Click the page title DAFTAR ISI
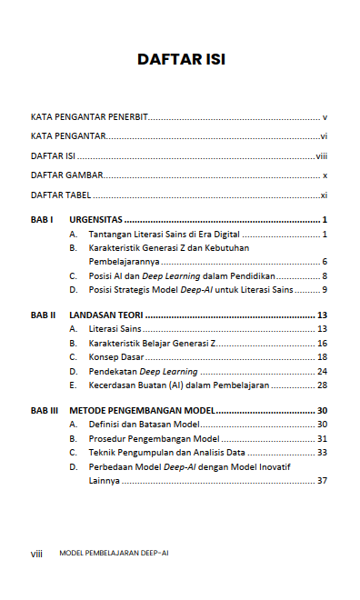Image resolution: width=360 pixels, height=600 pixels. click(180, 60)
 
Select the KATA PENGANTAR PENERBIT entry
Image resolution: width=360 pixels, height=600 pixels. click(89, 118)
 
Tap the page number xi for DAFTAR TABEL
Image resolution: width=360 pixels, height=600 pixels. click(324, 195)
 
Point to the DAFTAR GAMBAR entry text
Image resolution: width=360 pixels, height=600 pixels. click(66, 175)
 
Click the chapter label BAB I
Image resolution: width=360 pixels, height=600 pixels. click(42, 220)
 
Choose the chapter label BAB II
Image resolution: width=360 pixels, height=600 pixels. click(44, 315)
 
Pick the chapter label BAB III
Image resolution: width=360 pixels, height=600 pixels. click(45, 411)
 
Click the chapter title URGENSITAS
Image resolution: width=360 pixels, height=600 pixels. click(96, 220)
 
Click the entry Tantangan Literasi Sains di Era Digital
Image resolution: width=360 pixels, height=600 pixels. click(171, 235)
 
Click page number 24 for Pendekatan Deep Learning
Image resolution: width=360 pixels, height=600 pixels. click(322, 371)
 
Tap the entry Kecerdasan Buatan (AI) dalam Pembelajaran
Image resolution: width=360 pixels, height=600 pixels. click(178, 385)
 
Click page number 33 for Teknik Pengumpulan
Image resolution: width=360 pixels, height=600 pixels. click(322, 452)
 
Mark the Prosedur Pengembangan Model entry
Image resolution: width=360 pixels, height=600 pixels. click(148, 438)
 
